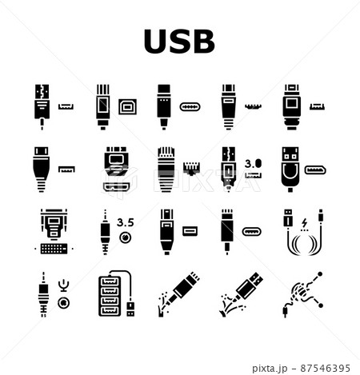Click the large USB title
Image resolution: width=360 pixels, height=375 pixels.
point(179,42)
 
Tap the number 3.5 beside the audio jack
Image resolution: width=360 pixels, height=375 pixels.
point(126,222)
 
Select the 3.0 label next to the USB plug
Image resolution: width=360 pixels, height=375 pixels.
point(253,163)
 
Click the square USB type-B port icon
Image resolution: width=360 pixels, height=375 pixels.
point(127,106)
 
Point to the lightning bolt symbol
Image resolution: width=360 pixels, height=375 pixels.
point(304,223)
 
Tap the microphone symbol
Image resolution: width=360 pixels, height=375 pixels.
point(64,285)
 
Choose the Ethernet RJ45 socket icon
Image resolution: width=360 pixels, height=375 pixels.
point(191,168)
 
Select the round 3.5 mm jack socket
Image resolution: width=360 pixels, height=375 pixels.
point(126,237)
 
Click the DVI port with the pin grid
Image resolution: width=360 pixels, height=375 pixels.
point(54,249)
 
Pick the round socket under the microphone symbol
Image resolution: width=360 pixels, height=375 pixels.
point(64,303)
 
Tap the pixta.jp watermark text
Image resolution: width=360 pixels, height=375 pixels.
point(270,369)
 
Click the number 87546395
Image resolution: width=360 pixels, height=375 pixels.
point(326,368)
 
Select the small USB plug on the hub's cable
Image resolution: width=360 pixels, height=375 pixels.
point(130,309)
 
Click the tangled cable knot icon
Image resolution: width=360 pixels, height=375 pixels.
point(302,293)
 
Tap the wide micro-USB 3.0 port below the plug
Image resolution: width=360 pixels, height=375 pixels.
point(116,186)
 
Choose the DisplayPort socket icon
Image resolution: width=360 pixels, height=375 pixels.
point(315,170)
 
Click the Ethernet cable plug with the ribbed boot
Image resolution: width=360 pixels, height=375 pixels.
point(166,169)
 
